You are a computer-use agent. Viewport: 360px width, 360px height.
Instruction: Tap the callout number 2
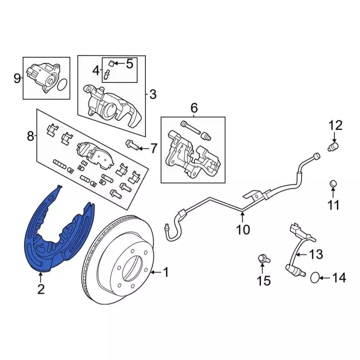click(40, 290)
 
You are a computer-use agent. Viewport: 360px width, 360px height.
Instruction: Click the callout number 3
click(153, 94)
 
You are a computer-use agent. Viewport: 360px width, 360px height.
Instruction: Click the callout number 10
click(242, 229)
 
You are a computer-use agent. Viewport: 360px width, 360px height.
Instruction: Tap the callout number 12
click(335, 125)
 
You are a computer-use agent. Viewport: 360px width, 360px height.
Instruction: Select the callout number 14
click(338, 277)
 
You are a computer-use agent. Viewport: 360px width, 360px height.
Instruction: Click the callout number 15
click(264, 280)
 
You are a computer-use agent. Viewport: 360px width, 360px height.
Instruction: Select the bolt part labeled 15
click(262, 259)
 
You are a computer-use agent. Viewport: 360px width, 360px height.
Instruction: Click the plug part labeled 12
click(332, 147)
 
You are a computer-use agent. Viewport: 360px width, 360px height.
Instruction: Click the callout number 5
click(130, 64)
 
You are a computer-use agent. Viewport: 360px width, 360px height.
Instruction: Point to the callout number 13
click(316, 254)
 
